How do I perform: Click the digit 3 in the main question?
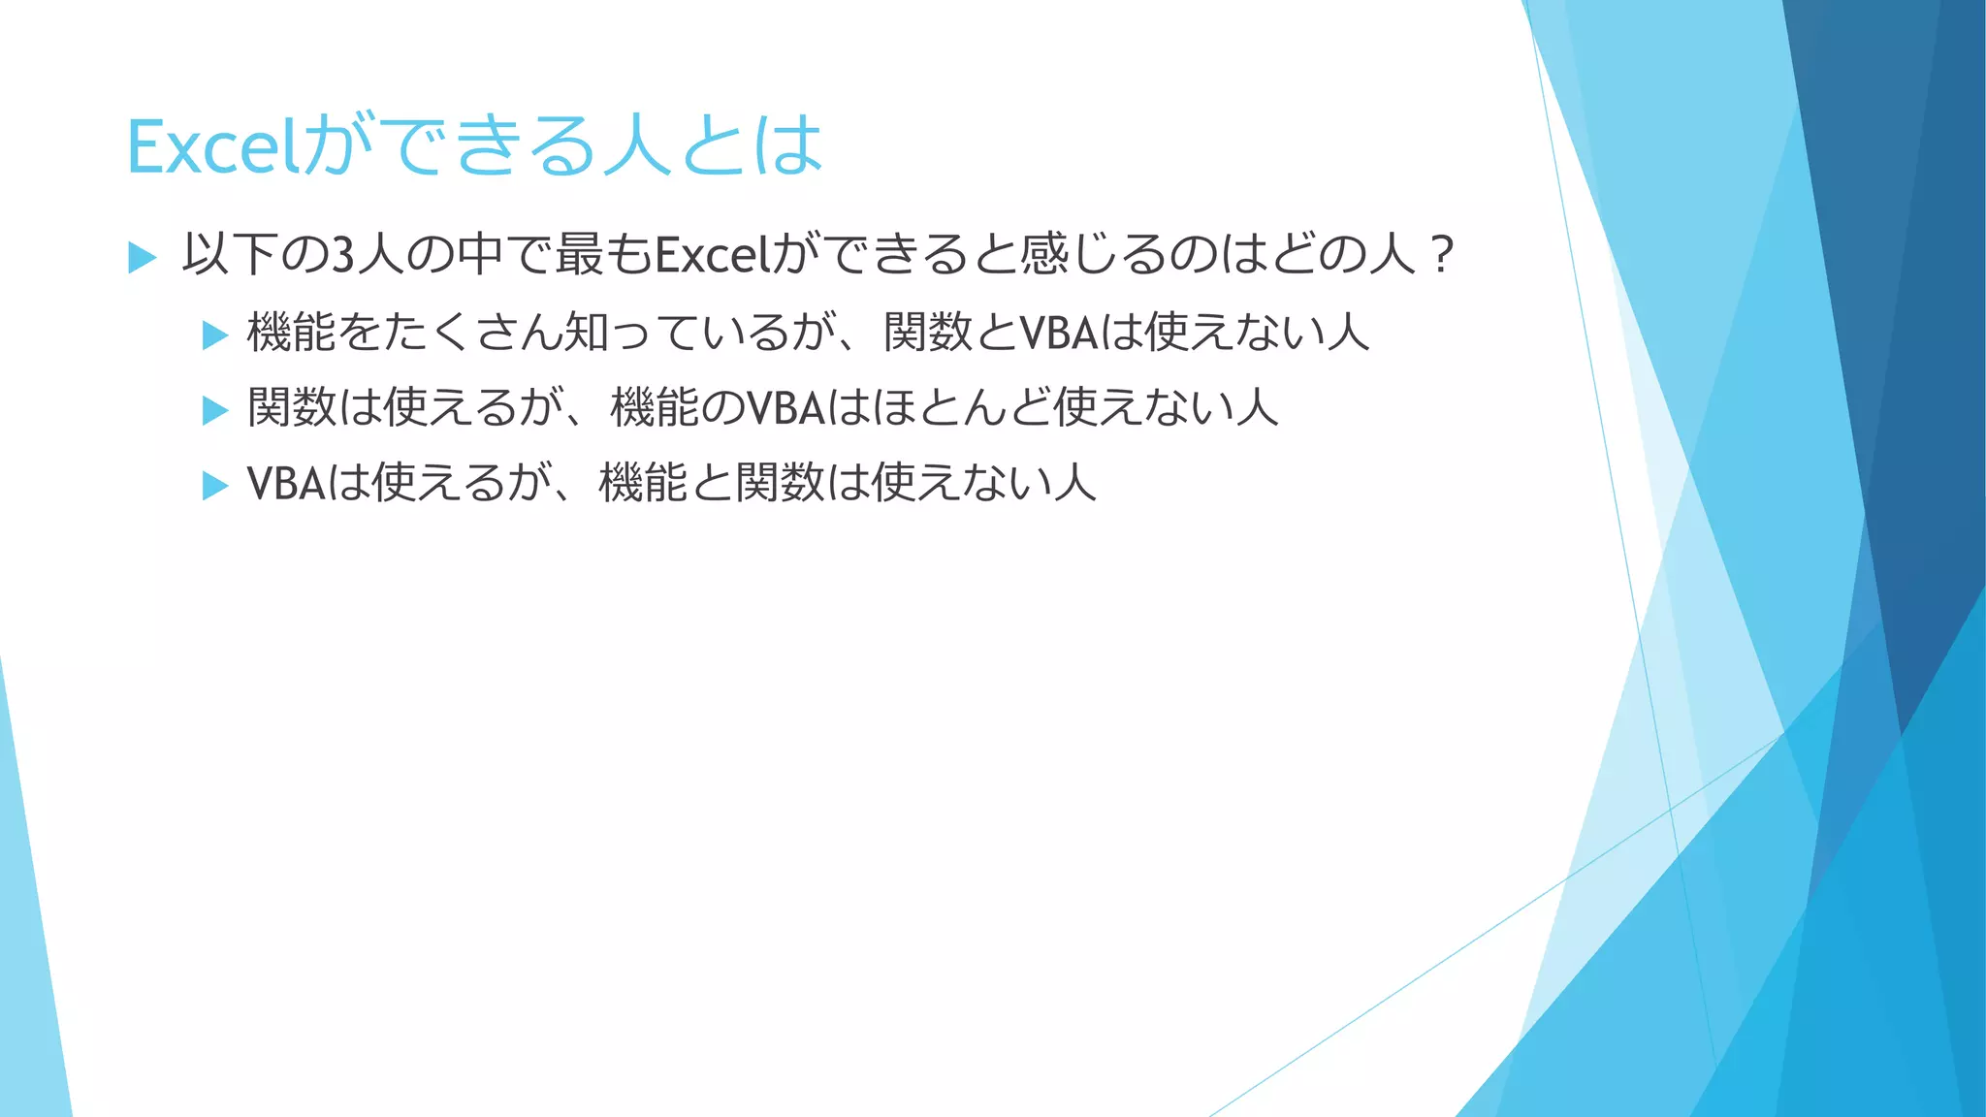coord(342,256)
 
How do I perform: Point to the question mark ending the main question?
coord(1442,256)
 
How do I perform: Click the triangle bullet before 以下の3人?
coord(142,258)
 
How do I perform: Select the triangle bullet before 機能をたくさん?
coord(214,335)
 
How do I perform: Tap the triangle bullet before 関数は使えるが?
coord(214,410)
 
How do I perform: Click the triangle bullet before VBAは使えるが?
coord(214,485)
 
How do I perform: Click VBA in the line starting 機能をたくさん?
coord(1059,333)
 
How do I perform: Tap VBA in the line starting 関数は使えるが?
coord(785,407)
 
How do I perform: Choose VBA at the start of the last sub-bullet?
coord(286,483)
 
